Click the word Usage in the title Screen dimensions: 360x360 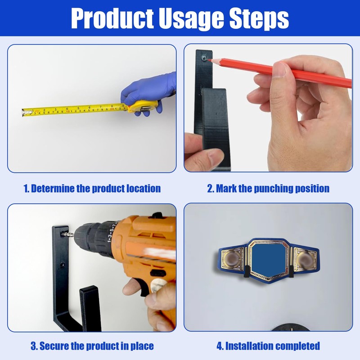coord(192,19)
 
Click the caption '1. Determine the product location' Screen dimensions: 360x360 coord(92,189)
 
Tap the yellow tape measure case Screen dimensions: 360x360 coord(143,107)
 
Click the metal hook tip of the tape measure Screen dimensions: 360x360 coord(23,112)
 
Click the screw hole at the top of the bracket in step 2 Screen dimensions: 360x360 coord(204,58)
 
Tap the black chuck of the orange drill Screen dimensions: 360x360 coord(92,238)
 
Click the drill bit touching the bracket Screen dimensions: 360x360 coord(68,234)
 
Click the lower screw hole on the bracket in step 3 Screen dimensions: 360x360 coord(62,265)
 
